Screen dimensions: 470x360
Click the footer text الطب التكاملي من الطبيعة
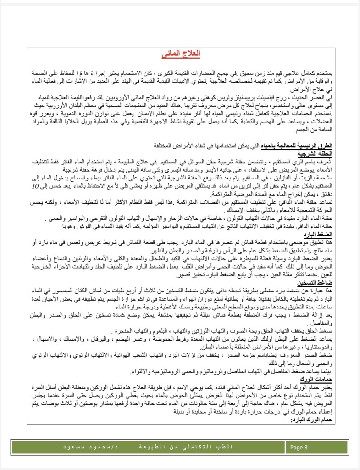[174, 447]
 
